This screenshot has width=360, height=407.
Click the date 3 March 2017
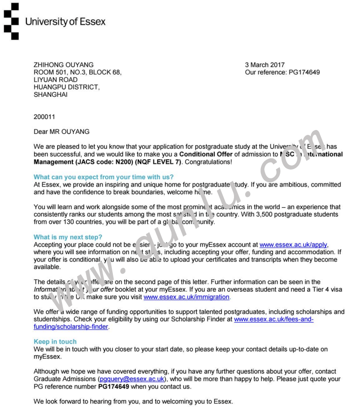point(265,65)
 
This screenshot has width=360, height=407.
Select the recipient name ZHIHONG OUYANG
point(64,65)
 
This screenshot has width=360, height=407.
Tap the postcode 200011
point(45,118)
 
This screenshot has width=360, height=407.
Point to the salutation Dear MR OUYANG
point(61,131)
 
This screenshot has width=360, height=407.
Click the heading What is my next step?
point(68,237)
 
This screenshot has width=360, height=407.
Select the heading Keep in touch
point(55,342)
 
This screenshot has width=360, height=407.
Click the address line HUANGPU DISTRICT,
point(66,87)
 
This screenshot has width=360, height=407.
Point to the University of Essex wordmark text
point(65,22)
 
